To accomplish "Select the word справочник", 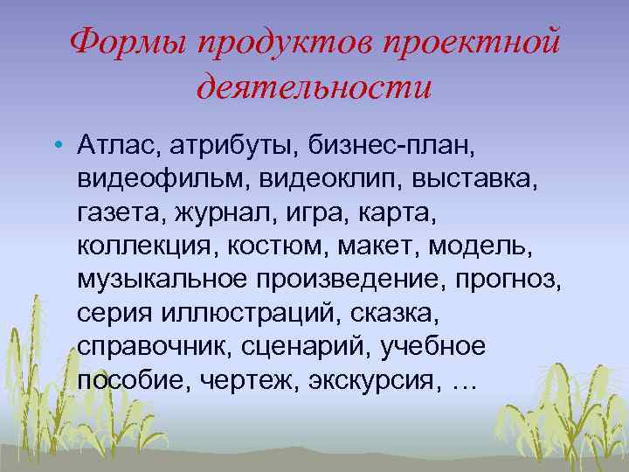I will pyautogui.click(x=150, y=346).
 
